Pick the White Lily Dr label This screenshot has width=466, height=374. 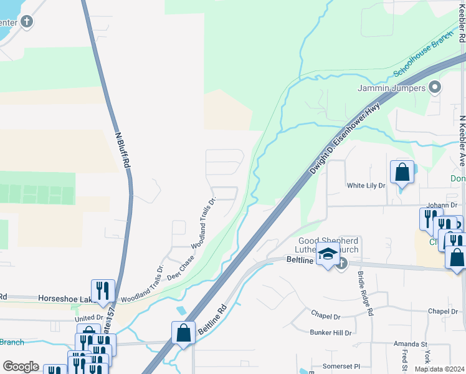tap(366, 185)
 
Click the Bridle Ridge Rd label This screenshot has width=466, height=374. tap(364, 293)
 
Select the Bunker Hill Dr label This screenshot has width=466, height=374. tap(331, 333)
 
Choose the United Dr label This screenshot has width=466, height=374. tap(88, 318)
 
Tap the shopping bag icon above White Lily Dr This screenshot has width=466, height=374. tap(402, 171)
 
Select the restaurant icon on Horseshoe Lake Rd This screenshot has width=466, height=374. tap(103, 290)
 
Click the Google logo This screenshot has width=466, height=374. tap(21, 367)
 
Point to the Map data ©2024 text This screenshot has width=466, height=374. tap(439, 369)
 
